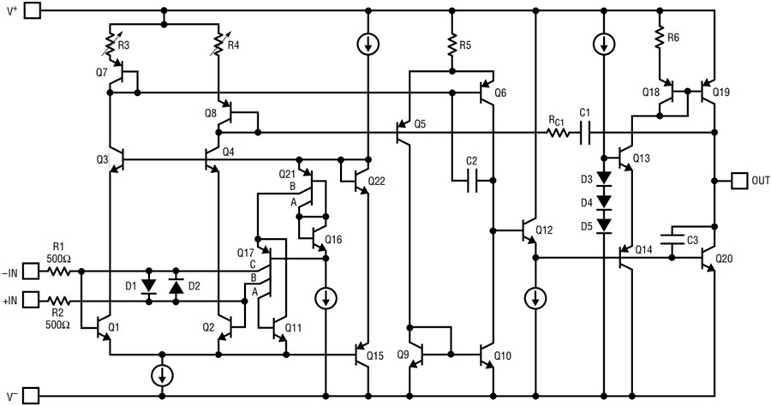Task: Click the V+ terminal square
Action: (31, 11)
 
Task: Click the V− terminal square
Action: (31, 396)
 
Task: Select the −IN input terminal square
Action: (31, 271)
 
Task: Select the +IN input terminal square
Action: (31, 299)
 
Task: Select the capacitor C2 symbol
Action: (471, 180)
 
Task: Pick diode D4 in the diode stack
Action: (604, 202)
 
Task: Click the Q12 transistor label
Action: (545, 230)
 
